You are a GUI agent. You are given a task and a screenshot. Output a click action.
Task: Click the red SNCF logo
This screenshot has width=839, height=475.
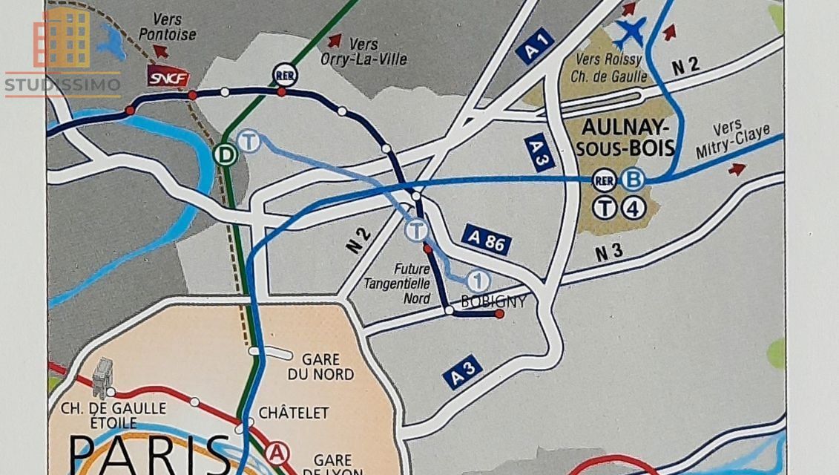point(168,76)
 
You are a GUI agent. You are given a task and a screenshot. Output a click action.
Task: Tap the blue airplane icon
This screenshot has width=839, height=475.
point(631,32)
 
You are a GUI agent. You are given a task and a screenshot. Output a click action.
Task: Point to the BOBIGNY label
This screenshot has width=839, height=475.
point(493,301)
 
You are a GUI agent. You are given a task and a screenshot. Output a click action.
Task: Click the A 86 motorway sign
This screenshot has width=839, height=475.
point(486,239)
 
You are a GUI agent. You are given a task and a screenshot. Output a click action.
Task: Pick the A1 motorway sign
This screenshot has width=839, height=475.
point(535,46)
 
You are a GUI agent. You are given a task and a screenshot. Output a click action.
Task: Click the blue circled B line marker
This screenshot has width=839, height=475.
point(634,179)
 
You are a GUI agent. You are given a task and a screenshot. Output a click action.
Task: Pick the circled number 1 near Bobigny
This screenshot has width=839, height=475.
point(478,281)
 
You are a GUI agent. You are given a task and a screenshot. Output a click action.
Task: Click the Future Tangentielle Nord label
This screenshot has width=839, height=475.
point(397,283)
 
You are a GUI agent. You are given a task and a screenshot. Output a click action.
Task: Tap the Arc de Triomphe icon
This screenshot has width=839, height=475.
point(103,378)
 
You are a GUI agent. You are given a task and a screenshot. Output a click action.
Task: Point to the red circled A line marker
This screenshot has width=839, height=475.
point(277,452)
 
